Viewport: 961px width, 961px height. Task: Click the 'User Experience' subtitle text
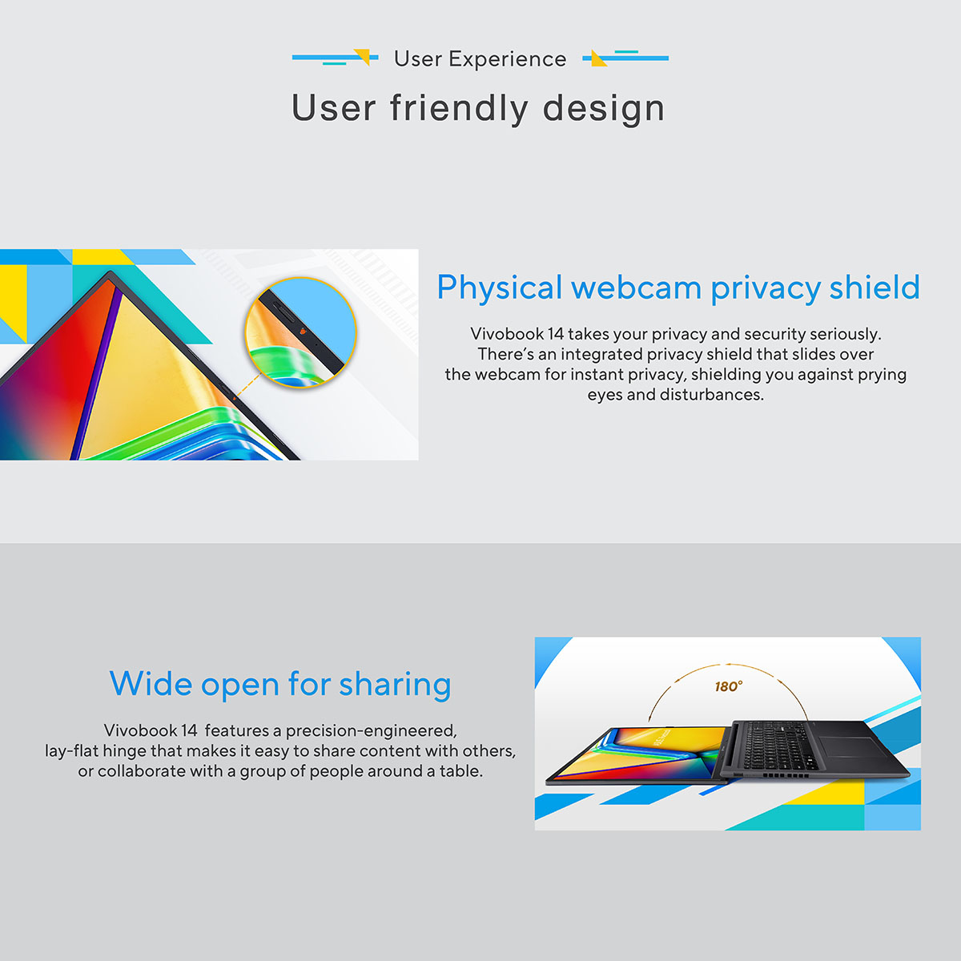point(480,59)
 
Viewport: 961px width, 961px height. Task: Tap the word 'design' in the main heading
point(604,109)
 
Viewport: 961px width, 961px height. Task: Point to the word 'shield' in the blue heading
point(875,287)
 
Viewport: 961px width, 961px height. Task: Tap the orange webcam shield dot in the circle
point(304,331)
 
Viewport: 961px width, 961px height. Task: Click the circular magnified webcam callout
point(301,332)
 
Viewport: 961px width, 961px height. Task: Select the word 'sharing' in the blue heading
point(395,684)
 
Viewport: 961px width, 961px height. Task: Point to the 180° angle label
point(728,686)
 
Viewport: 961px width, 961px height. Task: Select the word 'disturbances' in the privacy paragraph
point(712,395)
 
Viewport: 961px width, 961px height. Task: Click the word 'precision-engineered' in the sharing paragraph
point(371,731)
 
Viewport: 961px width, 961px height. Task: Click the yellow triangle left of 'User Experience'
point(363,57)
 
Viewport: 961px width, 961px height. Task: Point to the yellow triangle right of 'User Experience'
point(598,58)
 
